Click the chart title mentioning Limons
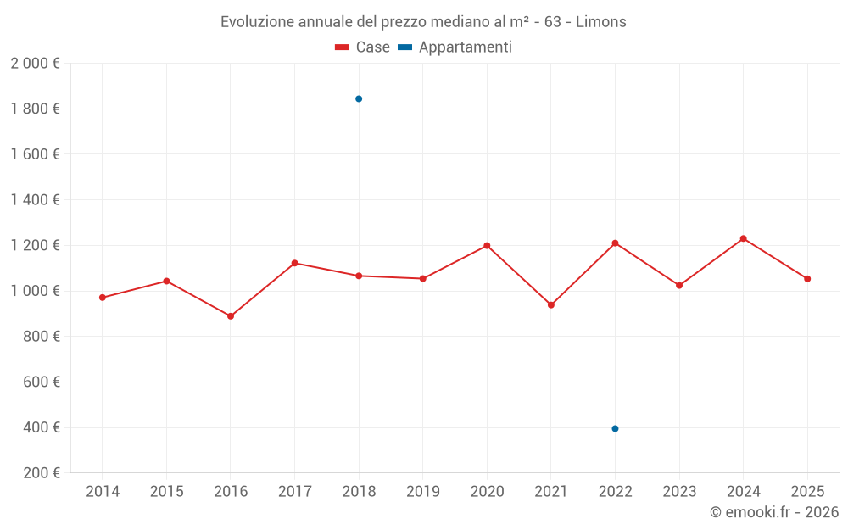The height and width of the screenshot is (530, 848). click(x=423, y=21)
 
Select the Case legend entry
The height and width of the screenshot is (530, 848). click(x=363, y=47)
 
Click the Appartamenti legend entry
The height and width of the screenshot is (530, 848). click(x=455, y=47)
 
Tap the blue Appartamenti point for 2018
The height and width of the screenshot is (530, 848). click(x=359, y=99)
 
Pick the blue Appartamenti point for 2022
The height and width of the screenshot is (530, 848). click(x=615, y=428)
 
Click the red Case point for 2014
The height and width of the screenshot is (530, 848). click(x=103, y=298)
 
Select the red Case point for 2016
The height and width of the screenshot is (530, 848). click(x=231, y=316)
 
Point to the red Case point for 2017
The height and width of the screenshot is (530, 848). click(x=294, y=263)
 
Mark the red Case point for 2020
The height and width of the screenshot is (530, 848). click(x=487, y=246)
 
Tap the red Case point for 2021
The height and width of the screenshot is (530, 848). click(x=551, y=305)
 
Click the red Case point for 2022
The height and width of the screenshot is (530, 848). click(x=615, y=243)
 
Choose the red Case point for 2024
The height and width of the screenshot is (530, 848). click(x=743, y=238)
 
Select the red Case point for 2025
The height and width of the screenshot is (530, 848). click(x=807, y=279)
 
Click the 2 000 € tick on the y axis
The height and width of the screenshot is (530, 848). click(x=35, y=64)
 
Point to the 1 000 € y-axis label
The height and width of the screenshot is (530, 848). click(x=35, y=291)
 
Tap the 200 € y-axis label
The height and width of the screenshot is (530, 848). click(x=41, y=473)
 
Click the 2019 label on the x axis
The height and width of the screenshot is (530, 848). click(x=423, y=492)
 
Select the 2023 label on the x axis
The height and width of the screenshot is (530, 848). click(x=679, y=492)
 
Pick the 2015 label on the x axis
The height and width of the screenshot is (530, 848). click(x=166, y=492)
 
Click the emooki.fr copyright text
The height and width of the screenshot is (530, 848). click(x=773, y=512)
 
